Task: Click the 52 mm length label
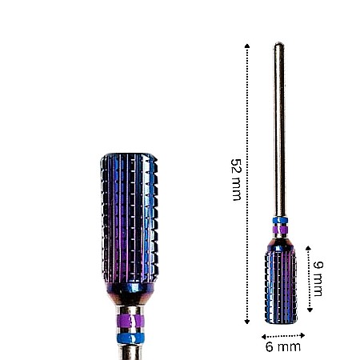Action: (x=235, y=179)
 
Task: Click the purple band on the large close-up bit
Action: (x=128, y=323)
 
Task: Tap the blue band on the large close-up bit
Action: (x=128, y=338)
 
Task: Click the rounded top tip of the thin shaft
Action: (x=278, y=45)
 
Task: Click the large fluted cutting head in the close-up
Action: (x=128, y=216)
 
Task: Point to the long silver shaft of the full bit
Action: (x=278, y=128)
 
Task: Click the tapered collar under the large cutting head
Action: (x=128, y=296)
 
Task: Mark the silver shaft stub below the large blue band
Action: (x=128, y=352)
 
